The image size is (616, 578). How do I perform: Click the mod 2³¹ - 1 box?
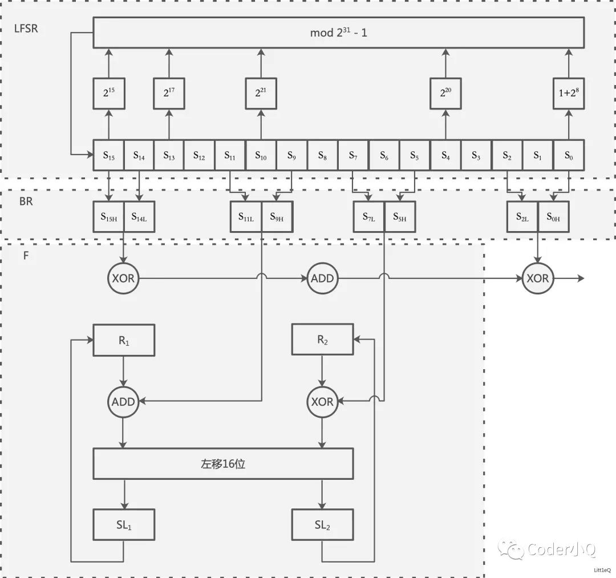pos(338,33)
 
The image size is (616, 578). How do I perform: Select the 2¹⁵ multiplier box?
pos(108,94)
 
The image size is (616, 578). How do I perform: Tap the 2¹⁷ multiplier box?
pos(169,94)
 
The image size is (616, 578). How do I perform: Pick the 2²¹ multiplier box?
pos(261,94)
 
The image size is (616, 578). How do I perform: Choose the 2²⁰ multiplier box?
pos(445,94)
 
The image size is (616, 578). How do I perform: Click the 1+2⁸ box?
pos(568,94)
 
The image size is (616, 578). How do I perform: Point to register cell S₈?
pos(323,155)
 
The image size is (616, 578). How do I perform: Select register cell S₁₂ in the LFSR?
pos(200,155)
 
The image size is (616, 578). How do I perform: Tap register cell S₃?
pos(476,155)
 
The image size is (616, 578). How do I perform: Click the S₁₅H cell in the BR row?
pos(108,217)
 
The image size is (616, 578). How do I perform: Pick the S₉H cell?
pos(277,217)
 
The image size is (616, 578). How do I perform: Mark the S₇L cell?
pos(368,217)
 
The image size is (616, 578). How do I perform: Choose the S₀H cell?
pos(553,217)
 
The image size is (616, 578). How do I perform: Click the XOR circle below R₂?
pos(322,402)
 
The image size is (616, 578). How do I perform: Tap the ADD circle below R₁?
pos(123,402)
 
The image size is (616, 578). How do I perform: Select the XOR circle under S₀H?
pos(537,278)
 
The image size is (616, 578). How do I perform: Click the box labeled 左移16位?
pos(223,463)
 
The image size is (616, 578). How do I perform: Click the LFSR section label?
pos(26,27)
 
